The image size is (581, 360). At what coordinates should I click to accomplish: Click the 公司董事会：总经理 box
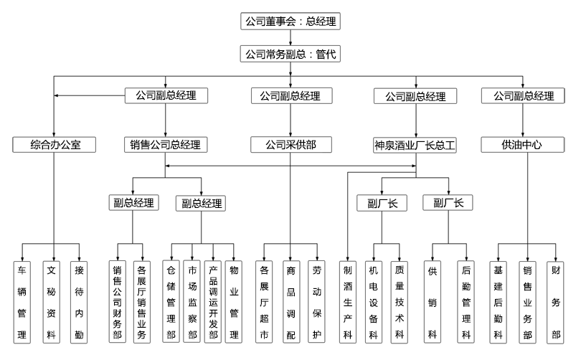(290, 22)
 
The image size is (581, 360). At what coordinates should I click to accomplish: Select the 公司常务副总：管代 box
(290, 55)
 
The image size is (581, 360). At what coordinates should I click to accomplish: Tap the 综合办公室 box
(56, 145)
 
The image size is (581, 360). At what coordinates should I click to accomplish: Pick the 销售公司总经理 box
(165, 145)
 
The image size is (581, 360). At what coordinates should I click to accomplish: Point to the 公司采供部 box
(290, 145)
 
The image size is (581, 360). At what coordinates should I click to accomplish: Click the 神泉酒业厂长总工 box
(415, 145)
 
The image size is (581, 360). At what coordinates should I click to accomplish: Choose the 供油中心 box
(522, 145)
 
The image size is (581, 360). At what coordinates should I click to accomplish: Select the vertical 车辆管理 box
(22, 302)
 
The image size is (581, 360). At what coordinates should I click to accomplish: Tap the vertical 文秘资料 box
(51, 302)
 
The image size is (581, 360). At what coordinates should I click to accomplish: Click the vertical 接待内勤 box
(79, 302)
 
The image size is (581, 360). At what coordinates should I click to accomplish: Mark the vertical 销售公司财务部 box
(118, 302)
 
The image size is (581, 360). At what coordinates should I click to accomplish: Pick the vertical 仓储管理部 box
(171, 302)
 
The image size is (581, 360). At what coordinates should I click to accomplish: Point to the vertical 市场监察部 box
(192, 302)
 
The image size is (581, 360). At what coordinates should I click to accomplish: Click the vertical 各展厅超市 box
(264, 302)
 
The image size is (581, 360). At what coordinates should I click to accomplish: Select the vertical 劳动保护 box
(316, 302)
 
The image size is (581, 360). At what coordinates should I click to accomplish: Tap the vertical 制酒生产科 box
(348, 302)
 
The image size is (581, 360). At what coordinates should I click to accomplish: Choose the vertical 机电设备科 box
(373, 302)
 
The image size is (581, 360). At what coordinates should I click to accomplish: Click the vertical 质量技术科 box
(400, 302)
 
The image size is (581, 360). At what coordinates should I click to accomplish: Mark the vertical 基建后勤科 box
(499, 302)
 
